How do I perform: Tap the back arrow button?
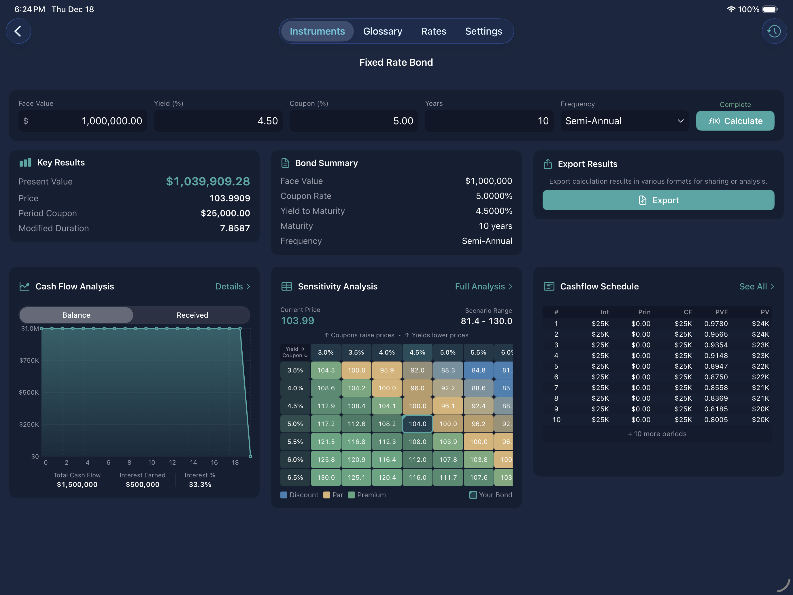[x=18, y=31]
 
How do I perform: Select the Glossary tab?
[x=382, y=31]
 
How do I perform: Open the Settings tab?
[x=483, y=31]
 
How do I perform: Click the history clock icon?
[x=774, y=31]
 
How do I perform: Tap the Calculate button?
[x=735, y=121]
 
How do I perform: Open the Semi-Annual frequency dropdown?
[x=624, y=121]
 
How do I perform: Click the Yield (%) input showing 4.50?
[x=218, y=121]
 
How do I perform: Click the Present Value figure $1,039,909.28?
[x=207, y=182]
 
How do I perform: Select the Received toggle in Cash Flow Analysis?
[x=192, y=315]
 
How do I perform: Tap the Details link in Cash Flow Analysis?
[x=232, y=287]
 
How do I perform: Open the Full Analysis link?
[x=483, y=287]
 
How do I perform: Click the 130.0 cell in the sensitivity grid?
[x=326, y=477]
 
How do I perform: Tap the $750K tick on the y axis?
[x=29, y=360]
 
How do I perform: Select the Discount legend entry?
[x=299, y=495]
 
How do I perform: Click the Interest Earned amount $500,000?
[x=142, y=485]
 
